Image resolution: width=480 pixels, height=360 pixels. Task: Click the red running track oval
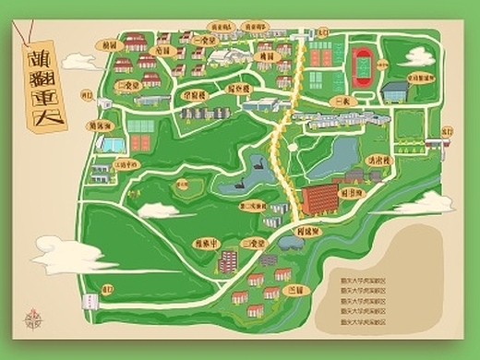362,64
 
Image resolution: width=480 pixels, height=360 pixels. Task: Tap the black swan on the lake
262,167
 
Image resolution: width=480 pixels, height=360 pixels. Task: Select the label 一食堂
209,41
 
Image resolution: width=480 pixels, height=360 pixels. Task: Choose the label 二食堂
129,83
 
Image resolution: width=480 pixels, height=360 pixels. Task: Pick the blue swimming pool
110,145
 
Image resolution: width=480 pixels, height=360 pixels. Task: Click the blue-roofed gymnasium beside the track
396,90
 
